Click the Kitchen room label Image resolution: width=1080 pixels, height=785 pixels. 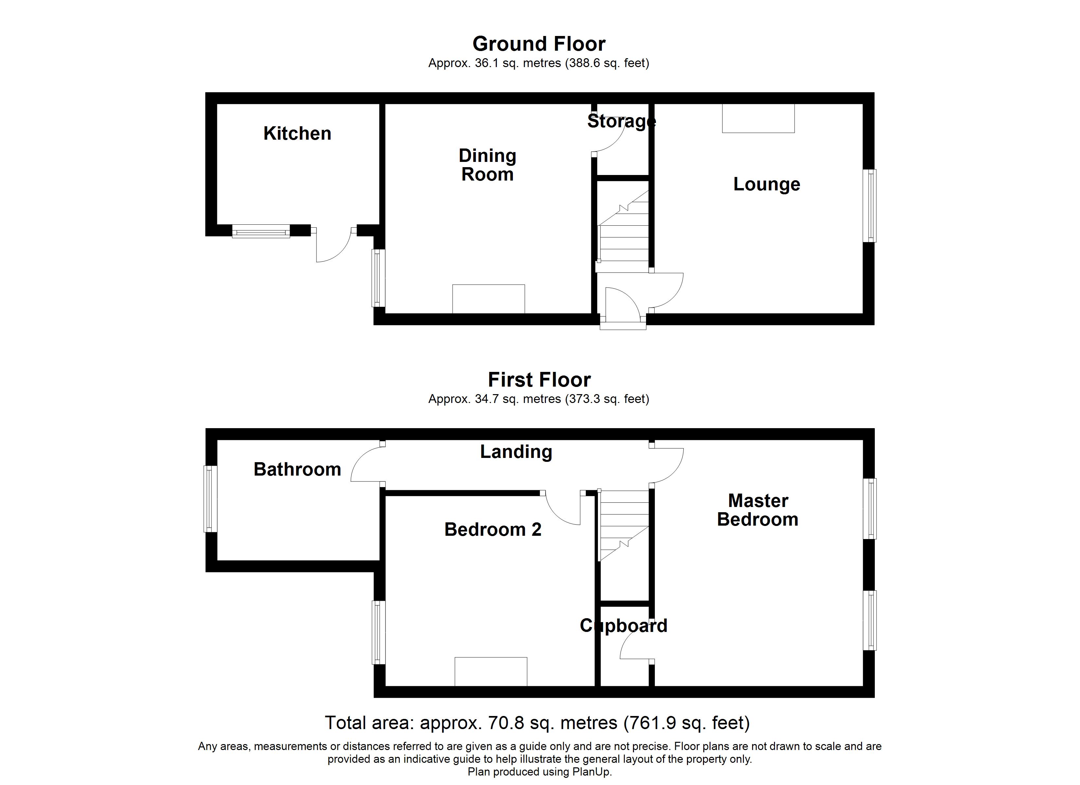tap(297, 134)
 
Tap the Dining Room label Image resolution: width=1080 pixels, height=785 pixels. tap(487, 165)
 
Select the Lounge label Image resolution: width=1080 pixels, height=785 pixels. tap(766, 184)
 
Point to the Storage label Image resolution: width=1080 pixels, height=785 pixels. tap(621, 121)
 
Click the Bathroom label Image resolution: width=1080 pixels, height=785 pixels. tap(297, 469)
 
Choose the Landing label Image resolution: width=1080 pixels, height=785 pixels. tap(516, 452)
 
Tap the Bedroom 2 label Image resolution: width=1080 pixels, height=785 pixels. tap(492, 529)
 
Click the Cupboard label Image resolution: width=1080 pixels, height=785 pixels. tap(623, 625)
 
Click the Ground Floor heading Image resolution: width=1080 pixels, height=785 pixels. tap(539, 44)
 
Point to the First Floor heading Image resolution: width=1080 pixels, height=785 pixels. tap(539, 380)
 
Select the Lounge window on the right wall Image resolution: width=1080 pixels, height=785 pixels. tap(870, 206)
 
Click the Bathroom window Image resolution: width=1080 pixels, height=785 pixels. tap(210, 498)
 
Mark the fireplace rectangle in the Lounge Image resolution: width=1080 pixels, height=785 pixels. tap(758, 118)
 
